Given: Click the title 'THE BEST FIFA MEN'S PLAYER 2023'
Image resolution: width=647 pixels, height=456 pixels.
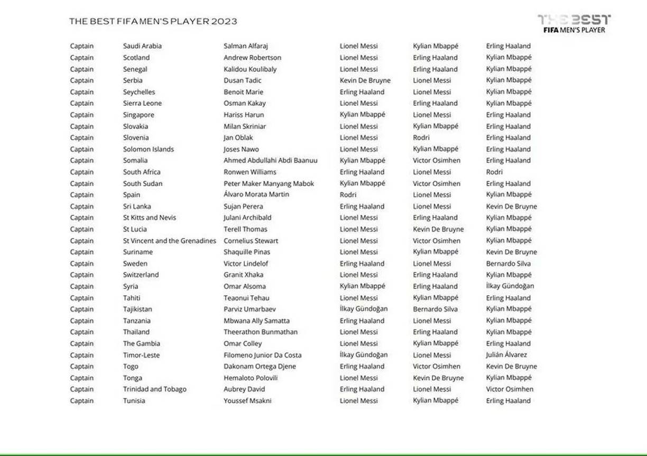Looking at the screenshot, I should click(153, 22).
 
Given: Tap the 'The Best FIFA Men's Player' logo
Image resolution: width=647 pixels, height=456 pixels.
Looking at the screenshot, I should click(574, 24).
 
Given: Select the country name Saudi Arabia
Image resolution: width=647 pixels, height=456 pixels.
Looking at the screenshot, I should click(142, 46).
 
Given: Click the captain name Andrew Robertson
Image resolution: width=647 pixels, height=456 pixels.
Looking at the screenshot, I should click(252, 58).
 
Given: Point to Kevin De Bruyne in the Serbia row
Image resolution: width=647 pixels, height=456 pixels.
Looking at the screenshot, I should click(365, 80).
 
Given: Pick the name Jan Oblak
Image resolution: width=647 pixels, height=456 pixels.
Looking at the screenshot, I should click(238, 138).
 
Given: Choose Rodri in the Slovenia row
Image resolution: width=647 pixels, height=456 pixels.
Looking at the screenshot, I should click(421, 138).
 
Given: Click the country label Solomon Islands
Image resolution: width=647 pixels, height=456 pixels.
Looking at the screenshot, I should click(148, 149).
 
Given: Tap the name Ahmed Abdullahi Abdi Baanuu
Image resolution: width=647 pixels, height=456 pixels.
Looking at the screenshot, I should click(270, 160).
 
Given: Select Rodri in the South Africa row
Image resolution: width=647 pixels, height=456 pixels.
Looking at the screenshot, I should click(494, 172).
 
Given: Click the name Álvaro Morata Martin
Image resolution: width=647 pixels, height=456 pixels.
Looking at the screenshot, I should click(256, 195).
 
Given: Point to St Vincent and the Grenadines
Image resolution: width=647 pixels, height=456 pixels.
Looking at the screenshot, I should click(169, 241).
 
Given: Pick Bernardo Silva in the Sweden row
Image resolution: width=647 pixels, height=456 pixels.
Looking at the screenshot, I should click(508, 263).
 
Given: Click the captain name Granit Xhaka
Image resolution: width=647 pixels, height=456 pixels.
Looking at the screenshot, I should click(243, 275).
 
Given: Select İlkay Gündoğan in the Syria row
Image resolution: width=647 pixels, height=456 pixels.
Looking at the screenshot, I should click(510, 286).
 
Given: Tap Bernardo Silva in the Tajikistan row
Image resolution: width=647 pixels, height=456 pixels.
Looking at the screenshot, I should click(435, 309).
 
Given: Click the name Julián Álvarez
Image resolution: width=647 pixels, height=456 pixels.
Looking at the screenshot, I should click(506, 355).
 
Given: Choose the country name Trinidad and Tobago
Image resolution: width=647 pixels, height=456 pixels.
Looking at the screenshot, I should click(154, 389).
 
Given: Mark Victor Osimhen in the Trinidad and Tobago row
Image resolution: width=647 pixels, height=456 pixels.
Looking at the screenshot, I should click(510, 389).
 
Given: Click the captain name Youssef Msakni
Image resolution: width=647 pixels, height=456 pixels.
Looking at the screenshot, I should click(247, 400).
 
